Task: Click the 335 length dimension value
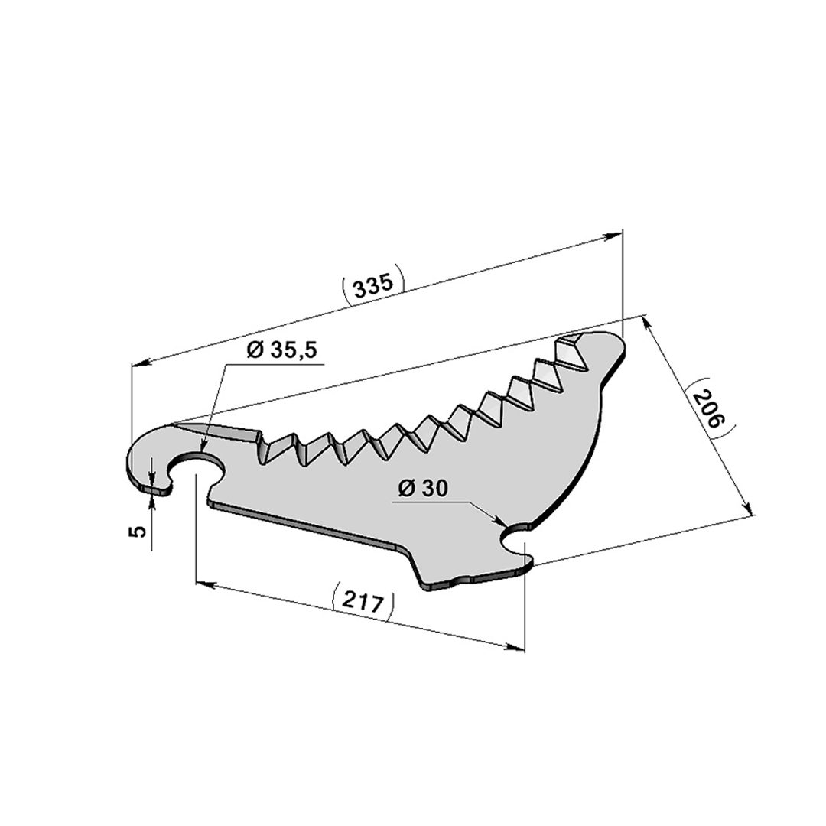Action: [373, 285]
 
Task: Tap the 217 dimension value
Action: [363, 602]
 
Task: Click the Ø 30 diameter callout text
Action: [423, 489]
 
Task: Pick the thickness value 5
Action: [137, 532]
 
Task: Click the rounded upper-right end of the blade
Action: [611, 345]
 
